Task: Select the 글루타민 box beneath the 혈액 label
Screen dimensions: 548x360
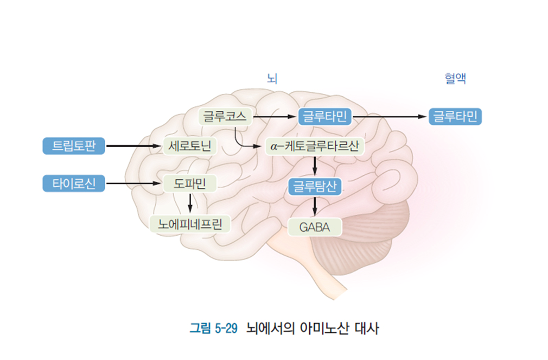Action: pos(456,116)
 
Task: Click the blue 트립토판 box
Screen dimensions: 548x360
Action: pos(74,146)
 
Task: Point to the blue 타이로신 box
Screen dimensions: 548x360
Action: pos(74,184)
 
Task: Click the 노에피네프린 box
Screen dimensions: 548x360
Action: pos(190,223)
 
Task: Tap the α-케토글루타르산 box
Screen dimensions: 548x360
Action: pos(315,146)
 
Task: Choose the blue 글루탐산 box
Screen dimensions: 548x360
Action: pos(315,186)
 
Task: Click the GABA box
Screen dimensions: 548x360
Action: pos(315,226)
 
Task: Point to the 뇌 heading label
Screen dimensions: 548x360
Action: pos(272,79)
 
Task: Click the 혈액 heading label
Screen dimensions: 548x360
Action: pos(455,79)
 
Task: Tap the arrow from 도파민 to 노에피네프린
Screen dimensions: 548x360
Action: pos(190,203)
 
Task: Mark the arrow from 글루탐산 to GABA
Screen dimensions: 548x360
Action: pos(315,206)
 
